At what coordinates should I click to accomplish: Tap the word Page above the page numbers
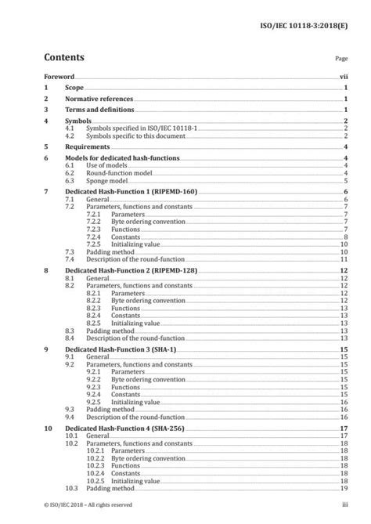tap(341, 59)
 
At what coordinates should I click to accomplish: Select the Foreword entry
tap(59, 78)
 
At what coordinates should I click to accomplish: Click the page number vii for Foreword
tap(344, 78)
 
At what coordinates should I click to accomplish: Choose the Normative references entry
tap(99, 99)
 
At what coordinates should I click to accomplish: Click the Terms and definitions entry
tap(99, 110)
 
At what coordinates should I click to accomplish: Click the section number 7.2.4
tap(95, 236)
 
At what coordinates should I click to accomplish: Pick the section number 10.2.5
tap(95, 481)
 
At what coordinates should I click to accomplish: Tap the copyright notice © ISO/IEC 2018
tap(88, 505)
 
